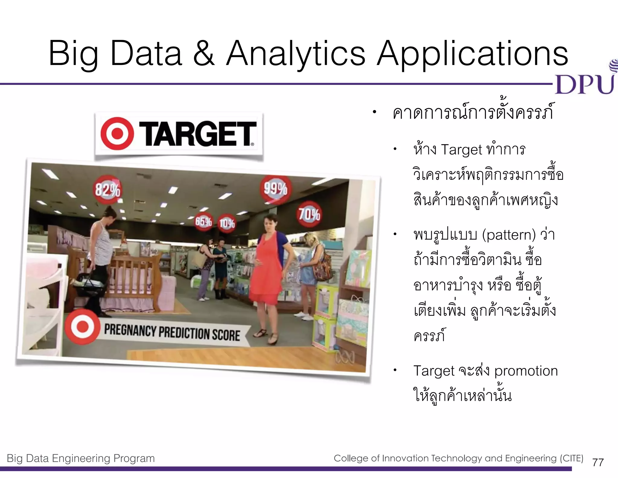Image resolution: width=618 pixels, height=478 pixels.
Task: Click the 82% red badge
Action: click(x=108, y=190)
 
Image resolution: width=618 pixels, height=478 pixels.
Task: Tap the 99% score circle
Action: click(x=276, y=189)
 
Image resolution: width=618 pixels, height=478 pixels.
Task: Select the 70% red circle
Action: click(x=309, y=214)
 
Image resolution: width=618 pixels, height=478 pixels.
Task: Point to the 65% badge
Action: click(x=203, y=222)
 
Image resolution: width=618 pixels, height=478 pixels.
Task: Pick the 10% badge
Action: click(x=227, y=224)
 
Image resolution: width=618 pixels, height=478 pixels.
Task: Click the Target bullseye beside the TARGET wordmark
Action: click(x=117, y=134)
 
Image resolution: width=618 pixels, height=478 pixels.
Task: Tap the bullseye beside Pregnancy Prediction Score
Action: click(x=82, y=327)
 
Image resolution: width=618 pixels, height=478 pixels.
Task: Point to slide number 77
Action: click(x=598, y=462)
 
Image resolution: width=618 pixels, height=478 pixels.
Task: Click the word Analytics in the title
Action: click(x=296, y=54)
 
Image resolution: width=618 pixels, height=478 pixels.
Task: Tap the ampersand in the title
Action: click(x=204, y=54)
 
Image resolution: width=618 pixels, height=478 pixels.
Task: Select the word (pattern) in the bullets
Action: click(x=509, y=235)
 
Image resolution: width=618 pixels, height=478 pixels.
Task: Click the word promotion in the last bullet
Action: click(x=526, y=371)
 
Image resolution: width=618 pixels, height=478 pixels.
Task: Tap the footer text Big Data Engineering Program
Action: click(x=81, y=458)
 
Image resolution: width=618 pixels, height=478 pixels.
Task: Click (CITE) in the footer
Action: click(x=572, y=458)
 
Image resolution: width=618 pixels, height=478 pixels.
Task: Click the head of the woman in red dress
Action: click(x=270, y=223)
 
